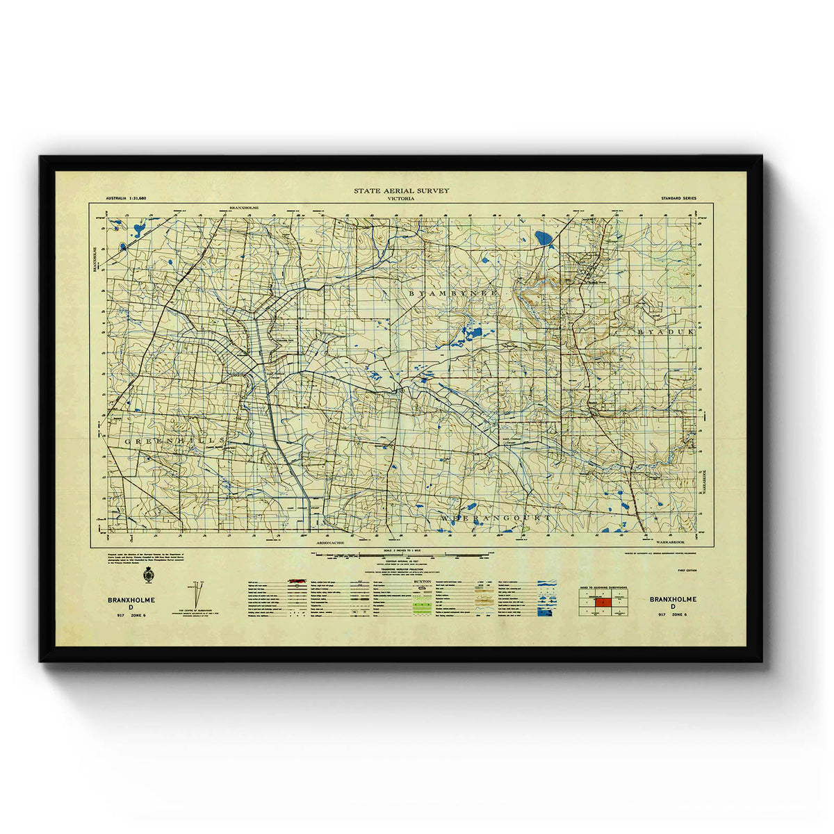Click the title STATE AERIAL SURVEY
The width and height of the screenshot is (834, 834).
coord(402,190)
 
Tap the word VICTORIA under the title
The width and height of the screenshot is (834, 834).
coord(402,199)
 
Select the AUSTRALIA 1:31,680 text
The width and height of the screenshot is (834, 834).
coord(131,199)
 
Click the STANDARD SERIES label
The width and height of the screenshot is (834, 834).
coord(679,199)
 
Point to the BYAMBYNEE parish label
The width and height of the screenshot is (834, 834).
coord(454,294)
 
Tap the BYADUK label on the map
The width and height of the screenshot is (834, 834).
coord(666,333)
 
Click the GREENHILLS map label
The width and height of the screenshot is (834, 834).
coord(175,441)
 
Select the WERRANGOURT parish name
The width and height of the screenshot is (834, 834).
coord(496,518)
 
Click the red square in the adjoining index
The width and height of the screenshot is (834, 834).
coord(603,603)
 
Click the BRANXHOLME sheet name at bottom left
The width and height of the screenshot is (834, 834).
coord(131,599)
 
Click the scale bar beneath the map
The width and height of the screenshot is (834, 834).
coord(402,555)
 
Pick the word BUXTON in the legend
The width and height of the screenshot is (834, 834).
coord(423,580)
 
